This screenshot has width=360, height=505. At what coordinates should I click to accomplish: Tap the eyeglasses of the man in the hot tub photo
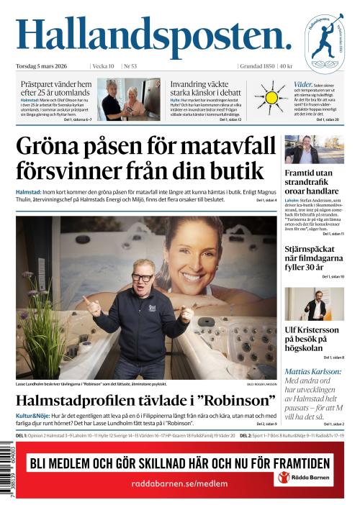click(142, 276)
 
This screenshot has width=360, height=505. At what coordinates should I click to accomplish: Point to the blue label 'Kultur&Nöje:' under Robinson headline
click(35, 417)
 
